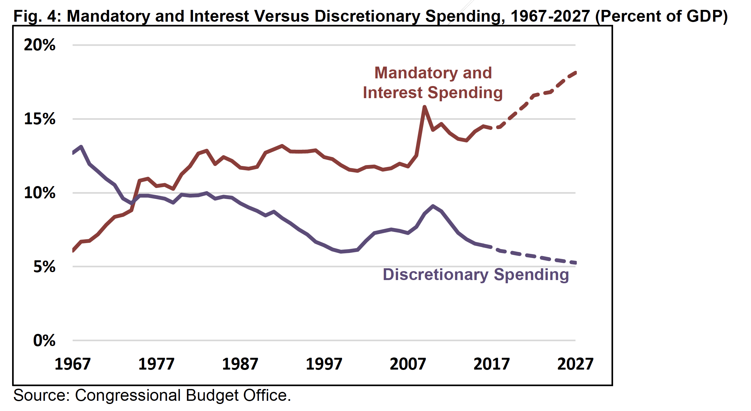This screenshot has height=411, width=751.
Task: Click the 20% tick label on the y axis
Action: tap(39, 45)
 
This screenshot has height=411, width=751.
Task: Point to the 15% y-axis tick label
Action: tap(39, 119)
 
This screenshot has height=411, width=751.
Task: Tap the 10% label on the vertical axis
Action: tap(39, 193)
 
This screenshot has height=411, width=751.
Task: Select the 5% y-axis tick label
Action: tap(44, 267)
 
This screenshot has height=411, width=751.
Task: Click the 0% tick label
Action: tap(44, 341)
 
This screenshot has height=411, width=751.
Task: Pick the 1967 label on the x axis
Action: tap(73, 364)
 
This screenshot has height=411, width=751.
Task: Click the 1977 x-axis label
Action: tap(156, 364)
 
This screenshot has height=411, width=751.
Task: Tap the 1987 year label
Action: tap(240, 364)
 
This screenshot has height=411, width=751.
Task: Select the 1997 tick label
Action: tap(324, 364)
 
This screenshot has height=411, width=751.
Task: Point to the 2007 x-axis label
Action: tap(408, 364)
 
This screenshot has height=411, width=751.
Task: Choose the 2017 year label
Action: tap(491, 364)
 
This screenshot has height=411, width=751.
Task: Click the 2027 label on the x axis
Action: tap(575, 364)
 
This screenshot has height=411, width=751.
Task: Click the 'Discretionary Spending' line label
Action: tap(476, 275)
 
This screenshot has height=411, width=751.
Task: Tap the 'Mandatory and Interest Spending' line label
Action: tap(433, 83)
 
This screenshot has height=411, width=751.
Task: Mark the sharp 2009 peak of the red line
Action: tap(425, 107)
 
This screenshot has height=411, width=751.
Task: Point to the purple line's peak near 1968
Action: tap(81, 147)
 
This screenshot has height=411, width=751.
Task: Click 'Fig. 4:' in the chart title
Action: tap(38, 16)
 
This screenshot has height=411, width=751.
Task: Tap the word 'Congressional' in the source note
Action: tap(128, 395)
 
